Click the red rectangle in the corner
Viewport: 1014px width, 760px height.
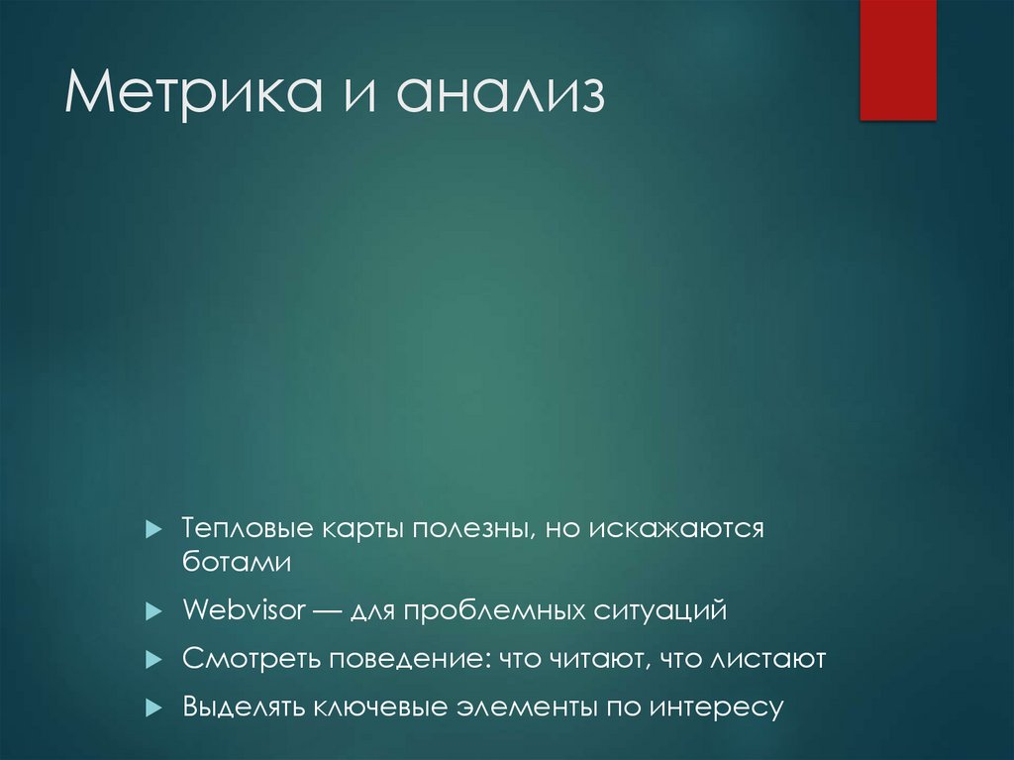pos(897,59)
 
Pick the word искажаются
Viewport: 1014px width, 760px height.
pos(680,528)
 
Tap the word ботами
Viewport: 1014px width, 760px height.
pos(237,561)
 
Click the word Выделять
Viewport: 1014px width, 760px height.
pos(245,707)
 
